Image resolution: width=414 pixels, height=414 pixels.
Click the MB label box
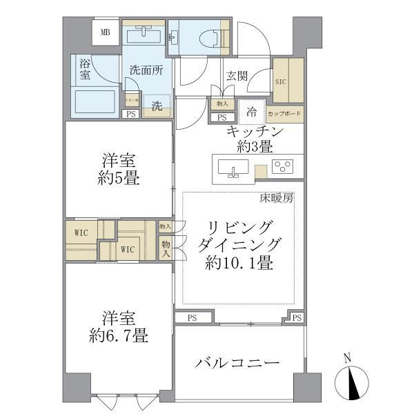click(x=106, y=32)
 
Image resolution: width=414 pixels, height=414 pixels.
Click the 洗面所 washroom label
click(x=146, y=70)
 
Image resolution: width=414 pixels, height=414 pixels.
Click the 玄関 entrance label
click(x=236, y=76)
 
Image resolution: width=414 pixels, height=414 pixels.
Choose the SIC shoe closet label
click(x=280, y=81)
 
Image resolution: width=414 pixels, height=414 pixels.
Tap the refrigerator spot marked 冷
click(x=253, y=110)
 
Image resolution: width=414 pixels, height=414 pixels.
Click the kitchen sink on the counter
click(x=233, y=168)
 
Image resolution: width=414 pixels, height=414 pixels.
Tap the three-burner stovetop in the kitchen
click(x=283, y=166)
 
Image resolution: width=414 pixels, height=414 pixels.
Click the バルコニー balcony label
click(x=237, y=363)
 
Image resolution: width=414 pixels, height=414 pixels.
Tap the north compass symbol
click(x=353, y=382)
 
